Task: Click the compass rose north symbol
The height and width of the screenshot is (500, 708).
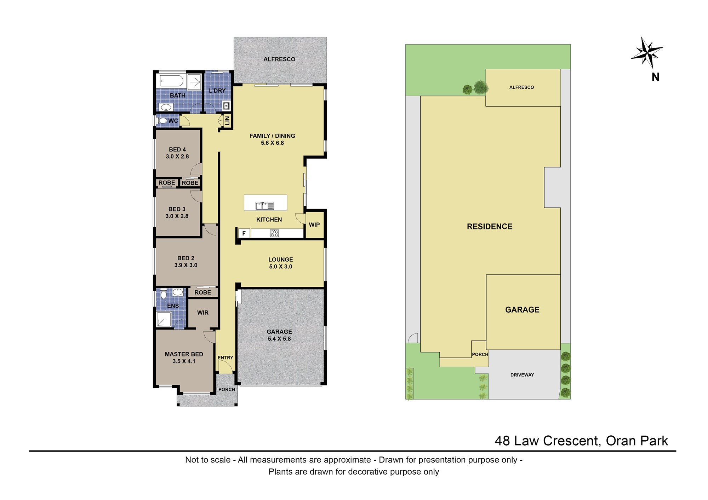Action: click(x=647, y=53)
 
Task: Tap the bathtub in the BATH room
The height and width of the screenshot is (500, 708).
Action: click(x=171, y=81)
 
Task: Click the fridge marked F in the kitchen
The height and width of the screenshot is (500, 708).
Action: click(x=244, y=233)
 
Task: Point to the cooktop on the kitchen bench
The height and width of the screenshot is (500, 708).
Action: click(x=274, y=233)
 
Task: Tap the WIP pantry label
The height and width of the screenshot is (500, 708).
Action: click(x=314, y=225)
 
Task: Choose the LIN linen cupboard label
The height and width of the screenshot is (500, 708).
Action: click(x=227, y=120)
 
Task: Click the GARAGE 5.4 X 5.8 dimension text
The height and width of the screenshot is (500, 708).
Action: click(x=279, y=338)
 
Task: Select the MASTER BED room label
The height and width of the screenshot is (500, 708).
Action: click(x=184, y=354)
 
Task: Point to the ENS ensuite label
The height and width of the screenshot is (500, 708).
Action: click(x=173, y=306)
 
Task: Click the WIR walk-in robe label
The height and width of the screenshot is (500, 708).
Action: click(x=203, y=313)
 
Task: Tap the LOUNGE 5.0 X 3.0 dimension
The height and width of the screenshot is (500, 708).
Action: click(x=281, y=267)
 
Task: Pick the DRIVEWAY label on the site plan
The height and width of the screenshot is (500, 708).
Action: click(x=522, y=375)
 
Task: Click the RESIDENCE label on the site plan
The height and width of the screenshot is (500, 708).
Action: click(x=490, y=227)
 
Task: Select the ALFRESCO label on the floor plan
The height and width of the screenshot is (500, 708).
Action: click(x=279, y=59)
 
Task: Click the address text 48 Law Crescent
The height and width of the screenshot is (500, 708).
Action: click(x=547, y=441)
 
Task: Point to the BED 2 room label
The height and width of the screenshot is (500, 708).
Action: click(x=186, y=258)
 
